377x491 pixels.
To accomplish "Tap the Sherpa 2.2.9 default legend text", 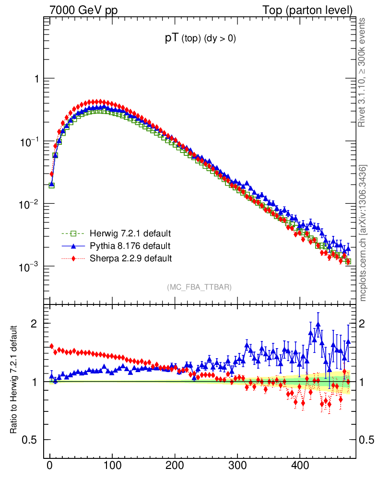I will tap(131, 258).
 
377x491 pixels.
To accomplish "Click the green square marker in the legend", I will tap(73, 234).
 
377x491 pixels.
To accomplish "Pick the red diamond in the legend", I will tap(73, 258).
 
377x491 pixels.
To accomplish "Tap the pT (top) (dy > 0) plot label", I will tap(200, 39).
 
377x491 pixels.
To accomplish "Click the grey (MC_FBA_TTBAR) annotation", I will tap(200, 287).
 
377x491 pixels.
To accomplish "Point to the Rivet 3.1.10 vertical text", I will tap(363, 72).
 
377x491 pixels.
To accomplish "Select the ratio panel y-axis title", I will tap(14, 380).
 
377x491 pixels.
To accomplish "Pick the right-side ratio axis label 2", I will tap(366, 324).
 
